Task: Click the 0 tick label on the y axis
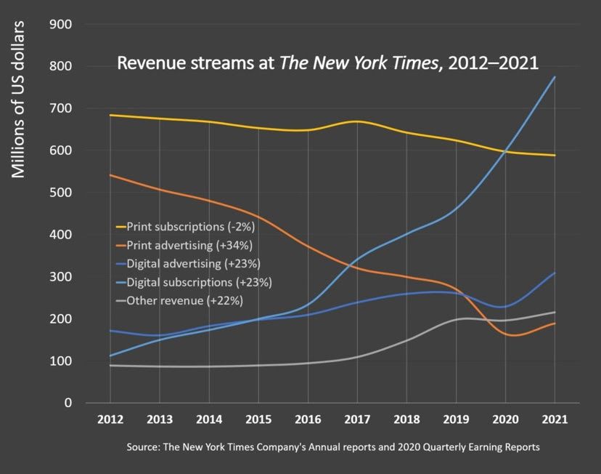pyautogui.click(x=68, y=403)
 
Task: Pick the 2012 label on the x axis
pyautogui.click(x=110, y=419)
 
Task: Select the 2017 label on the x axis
pyautogui.click(x=357, y=419)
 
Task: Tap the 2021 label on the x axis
pyautogui.click(x=555, y=419)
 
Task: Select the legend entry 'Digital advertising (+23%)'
pyautogui.click(x=192, y=263)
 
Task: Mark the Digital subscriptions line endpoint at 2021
pyautogui.click(x=555, y=77)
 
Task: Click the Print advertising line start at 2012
pyautogui.click(x=110, y=174)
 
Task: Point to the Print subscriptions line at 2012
pyautogui.click(x=110, y=115)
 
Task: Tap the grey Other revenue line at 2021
pyautogui.click(x=555, y=312)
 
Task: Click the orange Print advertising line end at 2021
pyautogui.click(x=555, y=323)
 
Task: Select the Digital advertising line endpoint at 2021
pyautogui.click(x=555, y=273)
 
